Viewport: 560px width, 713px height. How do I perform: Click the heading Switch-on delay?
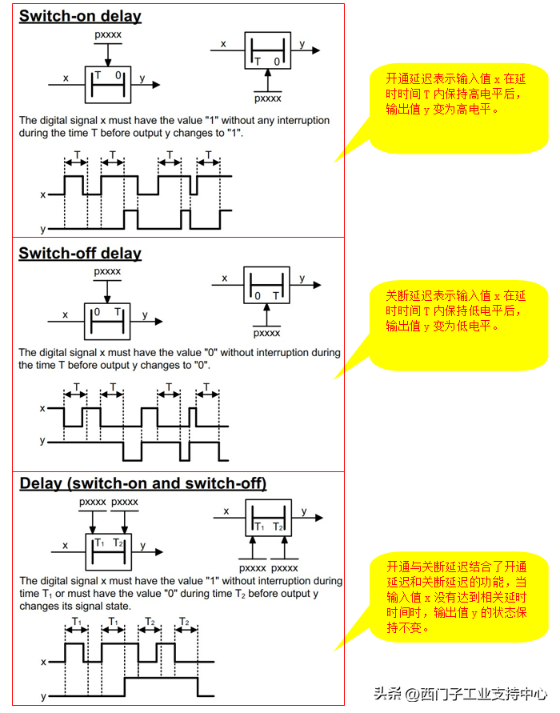pos(80,16)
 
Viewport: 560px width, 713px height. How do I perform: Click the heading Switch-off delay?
pos(80,254)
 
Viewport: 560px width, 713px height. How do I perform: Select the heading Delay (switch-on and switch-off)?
pos(142,483)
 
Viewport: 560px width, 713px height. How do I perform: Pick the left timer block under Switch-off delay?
pos(107,317)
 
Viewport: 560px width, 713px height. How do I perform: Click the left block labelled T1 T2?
pos(108,550)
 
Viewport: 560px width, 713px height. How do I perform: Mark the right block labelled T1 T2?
pos(268,520)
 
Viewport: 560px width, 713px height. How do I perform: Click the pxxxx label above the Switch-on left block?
pos(108,36)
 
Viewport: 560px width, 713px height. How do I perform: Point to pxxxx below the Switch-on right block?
pos(267,99)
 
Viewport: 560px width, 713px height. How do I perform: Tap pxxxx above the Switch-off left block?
pos(107,271)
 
